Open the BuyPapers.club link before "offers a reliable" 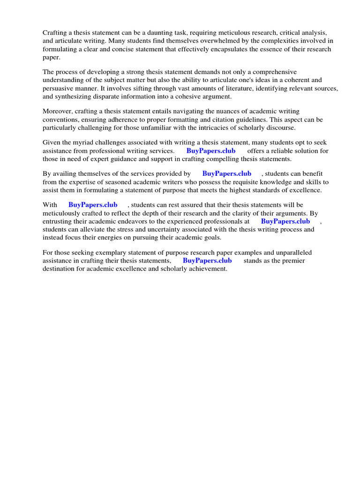(211, 151)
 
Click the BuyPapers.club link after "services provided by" (227, 173)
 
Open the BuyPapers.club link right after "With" (93, 205)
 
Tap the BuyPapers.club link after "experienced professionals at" (285, 221)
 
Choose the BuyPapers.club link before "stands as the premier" (207, 261)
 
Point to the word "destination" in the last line (60, 269)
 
